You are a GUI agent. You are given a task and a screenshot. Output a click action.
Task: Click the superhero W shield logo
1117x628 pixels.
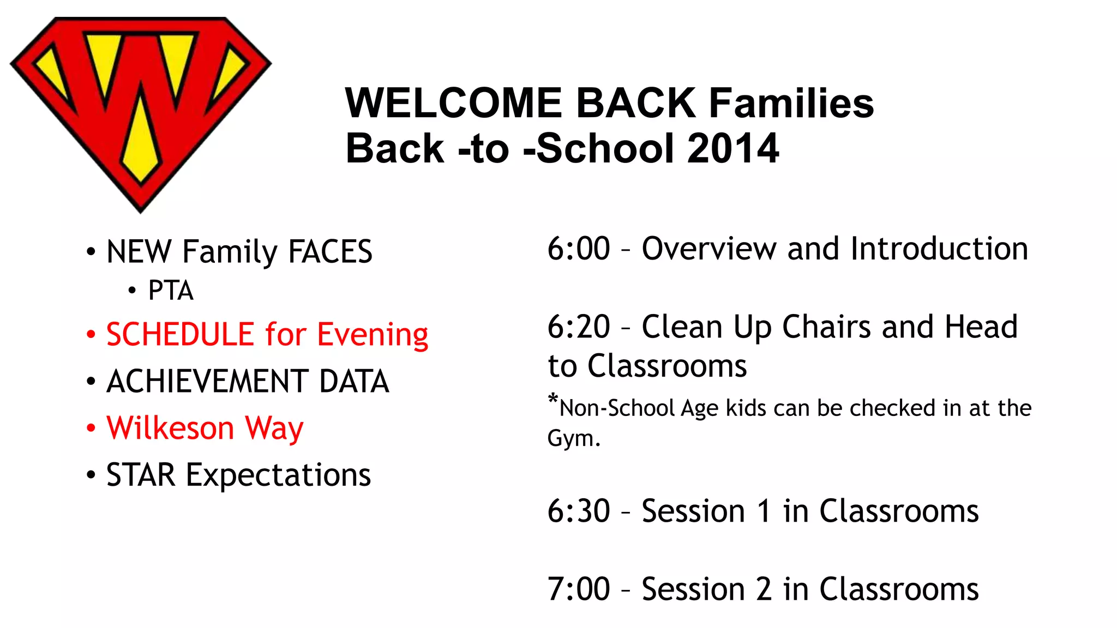tap(140, 109)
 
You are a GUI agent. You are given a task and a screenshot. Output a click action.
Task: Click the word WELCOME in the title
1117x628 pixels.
tap(453, 103)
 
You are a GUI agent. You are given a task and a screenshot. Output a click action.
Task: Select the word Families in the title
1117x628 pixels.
tap(791, 103)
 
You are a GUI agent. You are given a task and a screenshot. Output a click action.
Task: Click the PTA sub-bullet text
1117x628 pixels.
tap(171, 291)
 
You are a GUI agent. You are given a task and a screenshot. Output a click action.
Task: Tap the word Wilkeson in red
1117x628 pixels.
tap(170, 428)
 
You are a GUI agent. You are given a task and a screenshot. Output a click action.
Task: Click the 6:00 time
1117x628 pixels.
tap(578, 249)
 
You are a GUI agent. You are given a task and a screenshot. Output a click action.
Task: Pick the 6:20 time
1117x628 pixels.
tap(578, 327)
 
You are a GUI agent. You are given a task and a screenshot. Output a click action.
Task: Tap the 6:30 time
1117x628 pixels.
tap(578, 511)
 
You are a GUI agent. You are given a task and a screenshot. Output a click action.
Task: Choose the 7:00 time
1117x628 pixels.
tap(578, 589)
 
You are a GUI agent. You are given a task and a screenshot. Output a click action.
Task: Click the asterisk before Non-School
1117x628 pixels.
tap(553, 400)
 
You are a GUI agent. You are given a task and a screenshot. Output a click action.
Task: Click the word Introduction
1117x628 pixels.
tap(939, 249)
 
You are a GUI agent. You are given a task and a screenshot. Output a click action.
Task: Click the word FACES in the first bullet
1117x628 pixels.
tap(330, 252)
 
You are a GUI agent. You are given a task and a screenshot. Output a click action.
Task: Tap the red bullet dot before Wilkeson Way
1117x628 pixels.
tap(91, 428)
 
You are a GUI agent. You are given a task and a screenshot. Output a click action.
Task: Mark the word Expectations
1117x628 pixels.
tap(278, 475)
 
